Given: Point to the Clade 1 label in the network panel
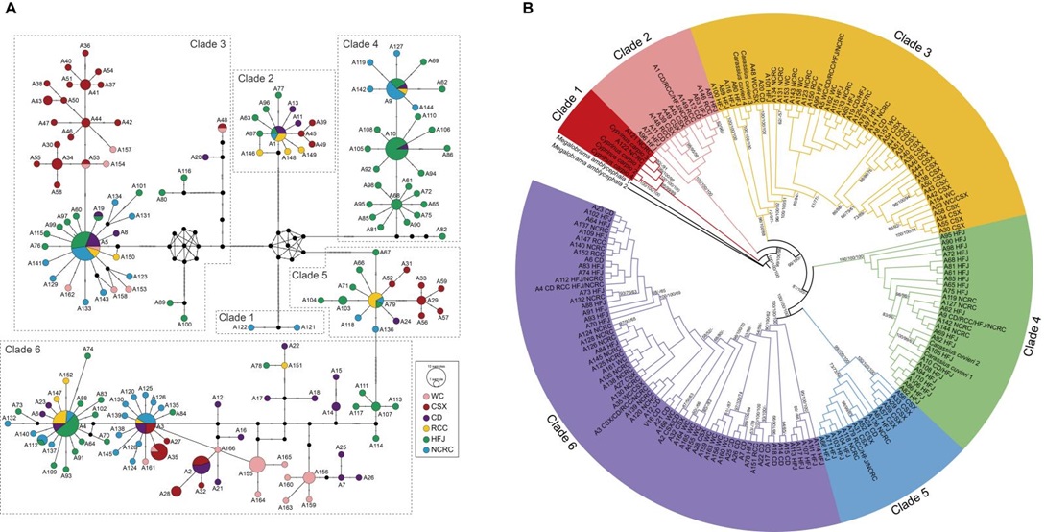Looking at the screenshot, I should [x=239, y=318].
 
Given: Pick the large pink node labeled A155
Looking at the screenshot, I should [x=260, y=473].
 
